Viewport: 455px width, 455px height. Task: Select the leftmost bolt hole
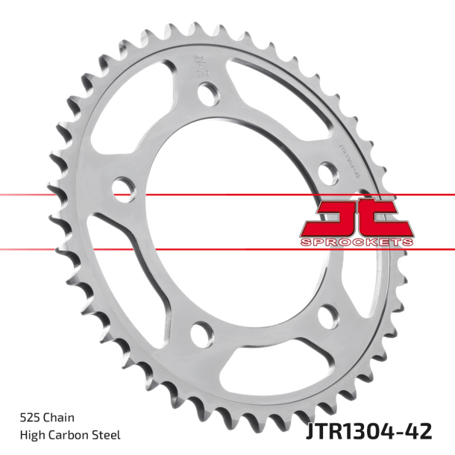click(x=122, y=187)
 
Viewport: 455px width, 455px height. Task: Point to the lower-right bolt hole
click(x=327, y=316)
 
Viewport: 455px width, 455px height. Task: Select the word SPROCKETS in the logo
click(x=357, y=242)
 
